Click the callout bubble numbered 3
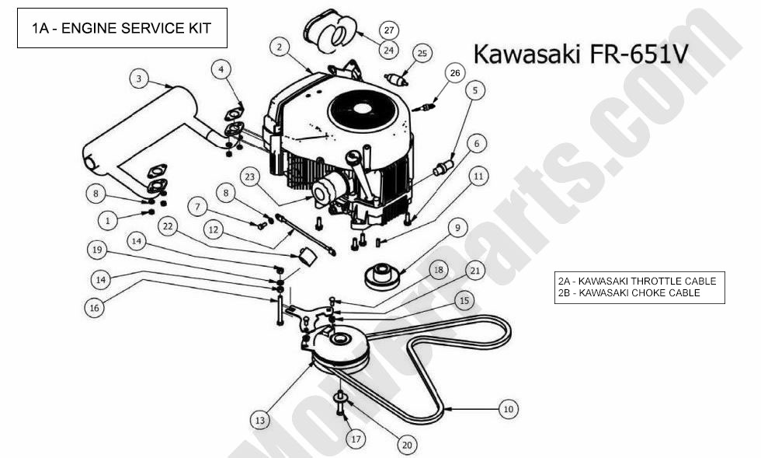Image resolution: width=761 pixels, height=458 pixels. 137,79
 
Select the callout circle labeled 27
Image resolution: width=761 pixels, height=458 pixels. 389,30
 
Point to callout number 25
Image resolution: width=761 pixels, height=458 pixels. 422,53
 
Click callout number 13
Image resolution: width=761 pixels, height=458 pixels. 259,420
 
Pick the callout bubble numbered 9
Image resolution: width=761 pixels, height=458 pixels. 457,228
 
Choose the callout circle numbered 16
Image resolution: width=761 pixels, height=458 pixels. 95,307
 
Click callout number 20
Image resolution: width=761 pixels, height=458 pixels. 407,445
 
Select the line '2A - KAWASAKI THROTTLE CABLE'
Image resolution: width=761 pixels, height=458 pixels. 637,281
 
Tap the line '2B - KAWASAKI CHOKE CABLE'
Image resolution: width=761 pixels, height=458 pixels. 628,292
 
